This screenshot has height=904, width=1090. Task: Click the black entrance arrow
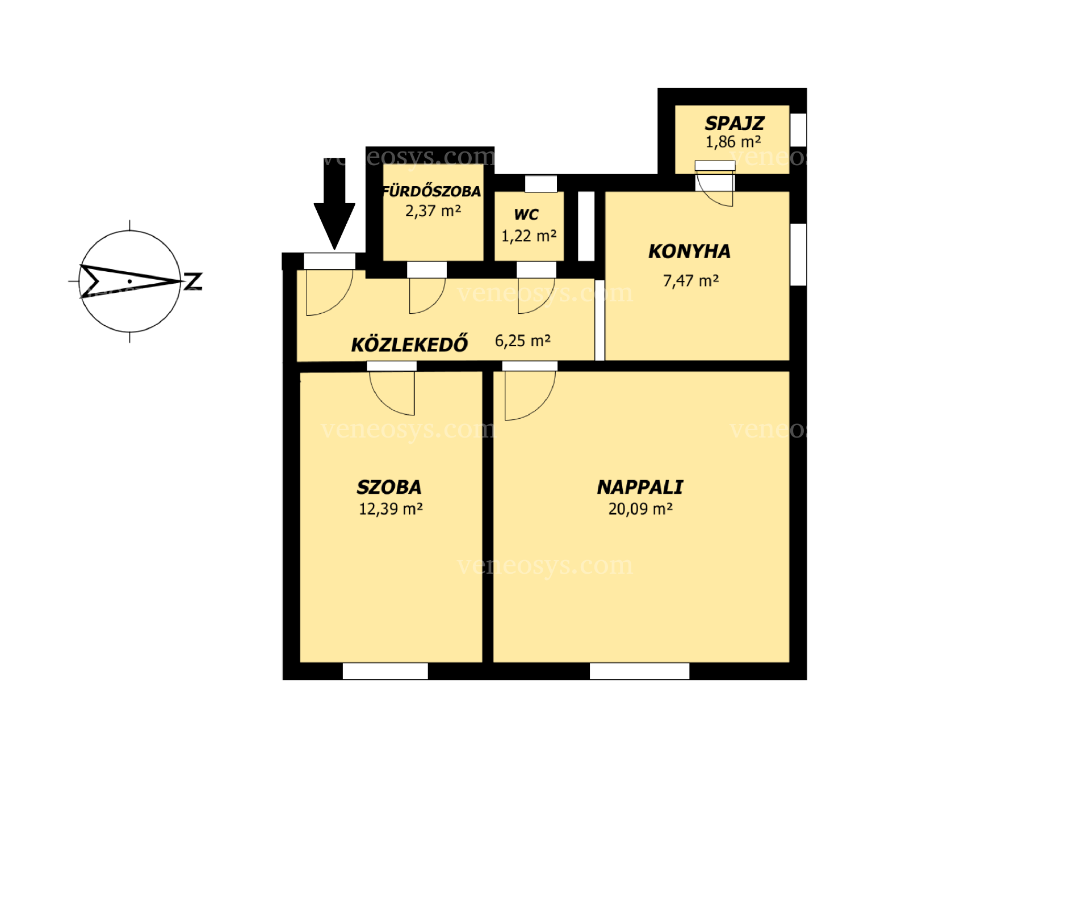334,204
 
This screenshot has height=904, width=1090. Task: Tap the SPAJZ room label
734,123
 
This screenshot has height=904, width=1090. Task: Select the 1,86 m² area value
733,142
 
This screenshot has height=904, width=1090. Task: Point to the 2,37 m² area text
433,211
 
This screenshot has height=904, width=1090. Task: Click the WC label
526,215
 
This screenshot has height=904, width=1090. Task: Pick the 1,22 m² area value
529,236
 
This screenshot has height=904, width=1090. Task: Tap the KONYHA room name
689,251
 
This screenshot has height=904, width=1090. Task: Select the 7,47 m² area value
691,280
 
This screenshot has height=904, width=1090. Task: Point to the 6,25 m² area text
522,340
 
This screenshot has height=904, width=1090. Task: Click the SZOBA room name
389,487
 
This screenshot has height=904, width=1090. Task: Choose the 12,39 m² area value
391,508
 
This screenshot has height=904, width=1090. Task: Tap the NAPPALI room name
640,487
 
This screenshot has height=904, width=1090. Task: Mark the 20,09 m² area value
640,508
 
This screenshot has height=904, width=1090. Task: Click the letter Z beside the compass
194,281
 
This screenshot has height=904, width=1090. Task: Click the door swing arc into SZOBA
382,403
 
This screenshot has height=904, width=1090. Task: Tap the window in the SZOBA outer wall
385,671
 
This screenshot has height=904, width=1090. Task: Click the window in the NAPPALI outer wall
639,671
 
